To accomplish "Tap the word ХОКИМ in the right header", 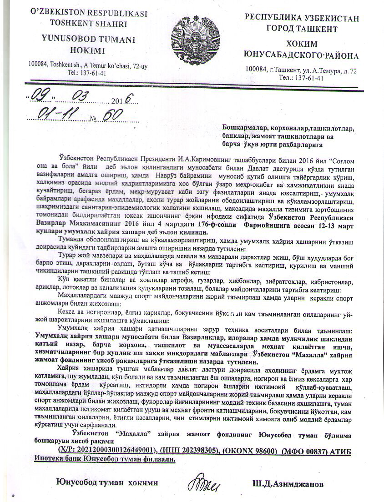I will tap(302, 44).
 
